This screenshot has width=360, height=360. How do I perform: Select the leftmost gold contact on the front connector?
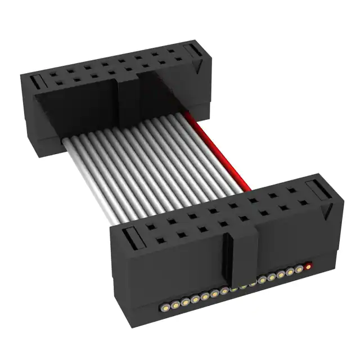[165, 307]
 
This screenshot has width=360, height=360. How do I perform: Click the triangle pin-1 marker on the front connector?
[326, 212]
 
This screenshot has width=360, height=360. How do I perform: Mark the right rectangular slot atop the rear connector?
[193, 52]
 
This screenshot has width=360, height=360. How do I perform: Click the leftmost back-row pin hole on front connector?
[139, 226]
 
